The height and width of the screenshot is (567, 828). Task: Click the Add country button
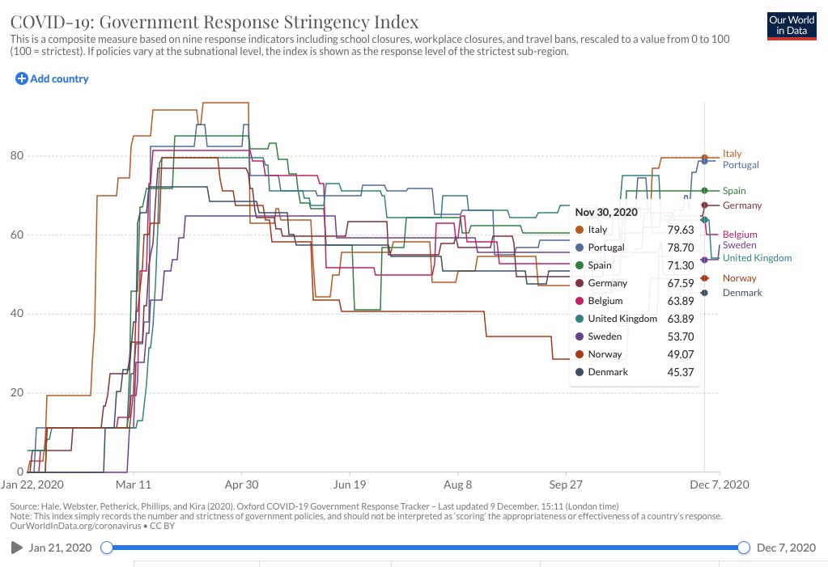click(x=52, y=78)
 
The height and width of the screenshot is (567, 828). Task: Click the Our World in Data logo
click(x=791, y=26)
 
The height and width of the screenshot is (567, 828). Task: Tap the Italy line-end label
click(x=732, y=154)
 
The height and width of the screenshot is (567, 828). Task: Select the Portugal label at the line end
click(x=741, y=165)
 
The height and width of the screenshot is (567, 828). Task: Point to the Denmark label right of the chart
click(x=742, y=293)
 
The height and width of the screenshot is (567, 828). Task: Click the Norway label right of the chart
click(x=739, y=278)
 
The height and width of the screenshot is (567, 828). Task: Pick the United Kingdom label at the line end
click(x=757, y=258)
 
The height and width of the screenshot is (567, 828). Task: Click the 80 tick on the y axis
click(x=17, y=155)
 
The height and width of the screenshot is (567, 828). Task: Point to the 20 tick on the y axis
click(x=17, y=392)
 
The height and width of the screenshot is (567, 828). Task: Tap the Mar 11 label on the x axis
click(x=133, y=484)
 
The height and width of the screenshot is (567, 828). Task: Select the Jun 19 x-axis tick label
click(x=350, y=484)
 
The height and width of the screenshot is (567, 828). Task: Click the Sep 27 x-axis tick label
click(x=566, y=484)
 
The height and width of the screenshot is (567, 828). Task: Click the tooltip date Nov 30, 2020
click(x=606, y=212)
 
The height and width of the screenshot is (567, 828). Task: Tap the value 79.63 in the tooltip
click(x=681, y=230)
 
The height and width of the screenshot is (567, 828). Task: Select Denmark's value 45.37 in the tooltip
click(x=681, y=372)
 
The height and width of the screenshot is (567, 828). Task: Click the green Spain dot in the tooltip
click(x=580, y=265)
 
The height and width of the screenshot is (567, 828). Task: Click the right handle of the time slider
click(x=744, y=548)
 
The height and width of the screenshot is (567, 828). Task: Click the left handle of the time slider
click(x=107, y=548)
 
